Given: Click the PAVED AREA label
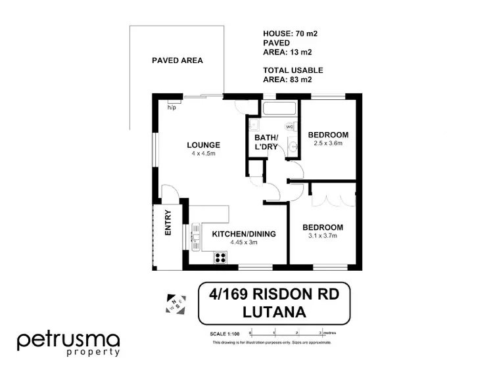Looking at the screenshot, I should coord(177,60).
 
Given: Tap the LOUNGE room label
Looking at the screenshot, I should coord(202,145).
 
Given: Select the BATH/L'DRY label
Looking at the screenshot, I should coord(266,142).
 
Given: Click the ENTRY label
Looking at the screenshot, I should coord(168,222).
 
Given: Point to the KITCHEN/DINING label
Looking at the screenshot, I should coord(243,234).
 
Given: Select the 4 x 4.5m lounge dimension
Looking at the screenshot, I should coord(202,154).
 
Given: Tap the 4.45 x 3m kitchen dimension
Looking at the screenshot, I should coord(243,243).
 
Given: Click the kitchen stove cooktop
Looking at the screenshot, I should coord(219,258).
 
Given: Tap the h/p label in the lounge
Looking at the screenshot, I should coord(172,107).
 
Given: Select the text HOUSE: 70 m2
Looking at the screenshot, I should coord(285,32).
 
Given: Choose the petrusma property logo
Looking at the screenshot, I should coord(68,343).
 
